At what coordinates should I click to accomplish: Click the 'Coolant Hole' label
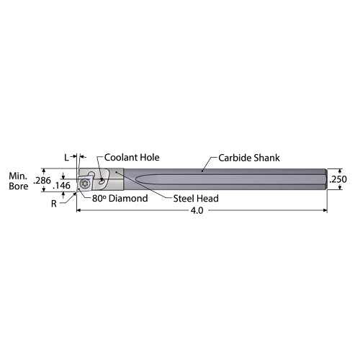[132, 158]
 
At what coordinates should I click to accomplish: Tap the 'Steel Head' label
[195, 199]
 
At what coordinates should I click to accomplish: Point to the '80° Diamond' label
[119, 198]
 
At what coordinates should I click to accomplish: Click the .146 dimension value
[62, 186]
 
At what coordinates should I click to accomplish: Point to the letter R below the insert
[53, 204]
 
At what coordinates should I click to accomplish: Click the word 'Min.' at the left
[17, 175]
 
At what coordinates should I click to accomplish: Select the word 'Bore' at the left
[17, 186]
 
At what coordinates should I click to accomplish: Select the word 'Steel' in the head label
[184, 199]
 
